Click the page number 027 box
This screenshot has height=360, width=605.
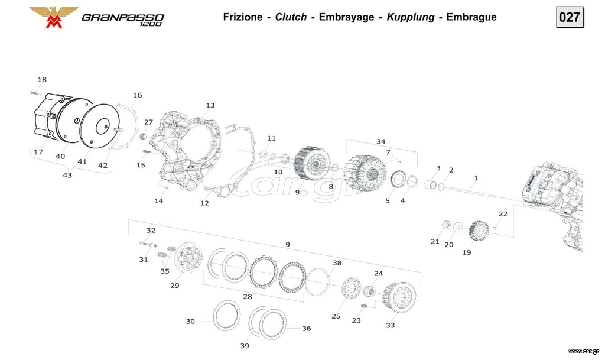coord(570,17)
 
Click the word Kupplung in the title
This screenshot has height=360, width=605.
coord(411,17)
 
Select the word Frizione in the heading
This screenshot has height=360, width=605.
coord(243,17)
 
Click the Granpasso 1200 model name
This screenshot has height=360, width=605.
coord(123,19)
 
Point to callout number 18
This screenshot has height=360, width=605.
coord(42,79)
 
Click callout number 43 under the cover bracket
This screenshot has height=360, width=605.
coord(67,175)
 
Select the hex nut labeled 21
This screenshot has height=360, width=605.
coord(447,225)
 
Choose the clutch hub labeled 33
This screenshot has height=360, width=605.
coord(400,296)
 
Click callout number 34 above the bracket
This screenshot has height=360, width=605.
coord(381,142)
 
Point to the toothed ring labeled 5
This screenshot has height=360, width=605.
coord(398,180)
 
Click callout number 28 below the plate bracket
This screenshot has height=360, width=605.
coord(248,297)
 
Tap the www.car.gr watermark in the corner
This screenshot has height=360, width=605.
coord(583,351)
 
